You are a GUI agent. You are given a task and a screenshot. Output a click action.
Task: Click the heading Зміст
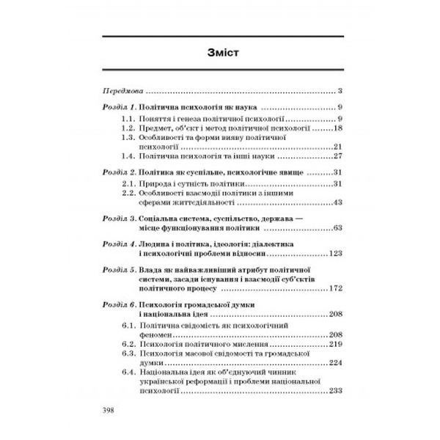(x=219, y=54)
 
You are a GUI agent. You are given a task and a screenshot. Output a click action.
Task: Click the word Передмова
(x=120, y=92)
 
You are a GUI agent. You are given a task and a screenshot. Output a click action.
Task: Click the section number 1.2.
(x=129, y=128)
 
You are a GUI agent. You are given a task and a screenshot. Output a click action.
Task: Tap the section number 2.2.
(x=129, y=192)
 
